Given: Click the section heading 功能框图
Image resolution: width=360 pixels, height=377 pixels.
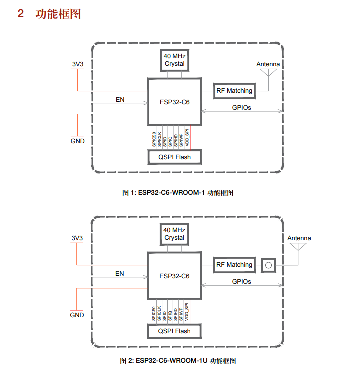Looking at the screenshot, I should tap(58, 14).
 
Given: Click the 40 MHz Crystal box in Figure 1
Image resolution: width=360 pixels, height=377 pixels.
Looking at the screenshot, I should tap(174, 60).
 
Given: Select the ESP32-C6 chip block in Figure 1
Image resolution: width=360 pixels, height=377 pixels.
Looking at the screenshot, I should tap(174, 101).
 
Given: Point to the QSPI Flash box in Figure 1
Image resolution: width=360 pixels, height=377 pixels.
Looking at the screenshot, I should tap(174, 157).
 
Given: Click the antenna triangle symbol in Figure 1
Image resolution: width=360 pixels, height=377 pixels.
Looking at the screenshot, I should tap(268, 73).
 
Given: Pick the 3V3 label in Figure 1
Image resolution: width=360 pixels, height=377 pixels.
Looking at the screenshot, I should tap(77, 64).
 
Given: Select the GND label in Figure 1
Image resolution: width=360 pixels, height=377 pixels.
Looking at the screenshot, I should tap(77, 141).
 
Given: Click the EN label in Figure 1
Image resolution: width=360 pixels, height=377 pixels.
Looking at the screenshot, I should tap(120, 99).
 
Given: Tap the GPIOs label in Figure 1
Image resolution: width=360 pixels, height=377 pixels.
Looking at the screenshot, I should tap(241, 107).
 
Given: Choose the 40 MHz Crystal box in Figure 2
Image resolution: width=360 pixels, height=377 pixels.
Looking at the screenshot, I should tap(174, 234).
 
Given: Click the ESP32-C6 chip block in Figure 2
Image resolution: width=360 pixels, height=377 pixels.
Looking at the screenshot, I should tap(174, 276).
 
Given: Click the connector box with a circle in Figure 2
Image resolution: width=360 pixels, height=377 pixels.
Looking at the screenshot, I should tap(268, 265).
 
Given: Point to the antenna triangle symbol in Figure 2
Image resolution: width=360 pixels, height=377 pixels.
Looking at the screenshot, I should tap(299, 247).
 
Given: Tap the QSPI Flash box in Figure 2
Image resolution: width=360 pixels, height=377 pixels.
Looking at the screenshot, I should tap(174, 331).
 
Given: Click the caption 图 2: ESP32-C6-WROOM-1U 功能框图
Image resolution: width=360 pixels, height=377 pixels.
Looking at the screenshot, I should tap(178, 360).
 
